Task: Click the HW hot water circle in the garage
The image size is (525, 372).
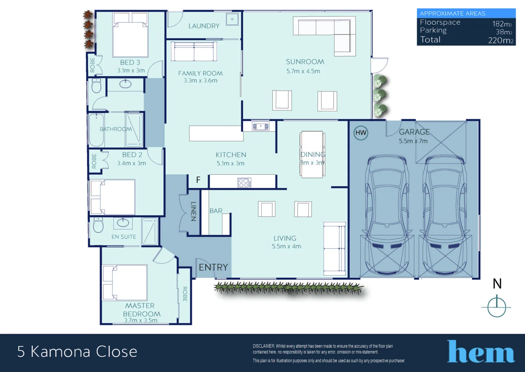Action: pyautogui.click(x=361, y=133)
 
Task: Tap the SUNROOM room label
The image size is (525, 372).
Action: pyautogui.click(x=305, y=62)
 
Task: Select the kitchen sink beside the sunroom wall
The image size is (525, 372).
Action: pyautogui.click(x=261, y=126)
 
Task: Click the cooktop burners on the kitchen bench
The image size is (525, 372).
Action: pyautogui.click(x=244, y=183)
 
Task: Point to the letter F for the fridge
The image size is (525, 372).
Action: pyautogui.click(x=198, y=180)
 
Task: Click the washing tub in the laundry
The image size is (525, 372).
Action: pyautogui.click(x=232, y=19)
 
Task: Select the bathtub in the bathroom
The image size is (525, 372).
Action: pyautogui.click(x=96, y=130)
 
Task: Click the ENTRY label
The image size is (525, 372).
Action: pyautogui.click(x=213, y=267)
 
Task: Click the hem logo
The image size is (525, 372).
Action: pyautogui.click(x=481, y=352)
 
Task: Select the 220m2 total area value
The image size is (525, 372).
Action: pyautogui.click(x=501, y=40)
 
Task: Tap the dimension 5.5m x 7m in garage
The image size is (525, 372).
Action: pyautogui.click(x=413, y=141)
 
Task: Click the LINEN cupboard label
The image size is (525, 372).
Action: pyautogui.click(x=193, y=211)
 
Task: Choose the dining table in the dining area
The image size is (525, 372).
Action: pyautogui.click(x=312, y=154)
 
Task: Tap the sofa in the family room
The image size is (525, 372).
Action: pyautogui.click(x=194, y=52)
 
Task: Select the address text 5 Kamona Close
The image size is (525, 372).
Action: pyautogui.click(x=77, y=352)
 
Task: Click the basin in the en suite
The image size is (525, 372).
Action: pyautogui.click(x=123, y=223)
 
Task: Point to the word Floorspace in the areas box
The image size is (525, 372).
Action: pyautogui.click(x=440, y=22)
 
